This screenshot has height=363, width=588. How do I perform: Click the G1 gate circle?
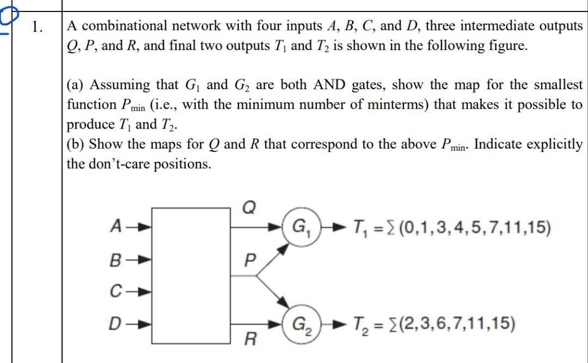click(x=299, y=226)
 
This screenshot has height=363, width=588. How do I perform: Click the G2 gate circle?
click(x=299, y=324)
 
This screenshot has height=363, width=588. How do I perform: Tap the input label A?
click(x=116, y=225)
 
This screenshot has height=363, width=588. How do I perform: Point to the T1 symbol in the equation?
click(x=361, y=226)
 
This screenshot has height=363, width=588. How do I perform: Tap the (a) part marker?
click(x=75, y=85)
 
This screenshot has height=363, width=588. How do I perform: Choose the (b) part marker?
click(x=75, y=145)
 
